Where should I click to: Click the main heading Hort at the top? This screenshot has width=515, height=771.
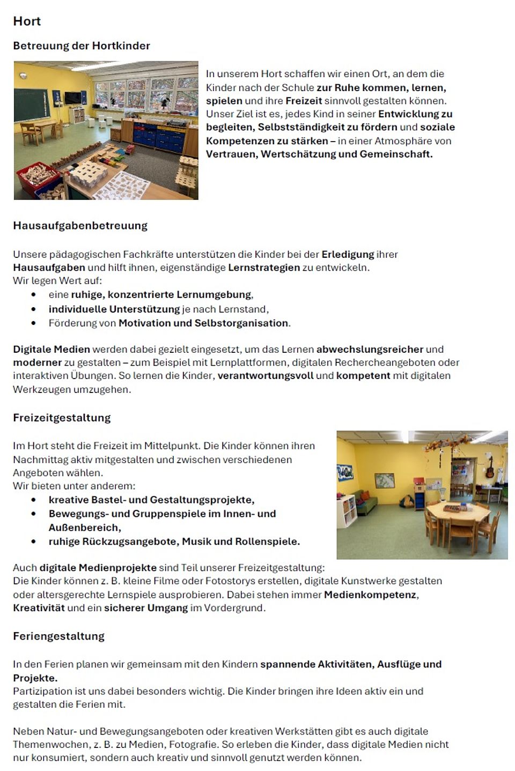[27, 21]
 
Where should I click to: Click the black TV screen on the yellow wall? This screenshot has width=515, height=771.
[72, 98]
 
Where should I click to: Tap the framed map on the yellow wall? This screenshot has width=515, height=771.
[384, 480]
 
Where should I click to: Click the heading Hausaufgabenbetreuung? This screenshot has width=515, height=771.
[80, 226]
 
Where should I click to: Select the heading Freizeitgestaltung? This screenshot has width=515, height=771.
[62, 418]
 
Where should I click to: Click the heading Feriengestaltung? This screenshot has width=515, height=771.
[58, 636]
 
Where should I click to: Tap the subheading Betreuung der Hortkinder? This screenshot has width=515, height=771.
[82, 46]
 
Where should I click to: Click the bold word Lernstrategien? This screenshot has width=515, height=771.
[263, 268]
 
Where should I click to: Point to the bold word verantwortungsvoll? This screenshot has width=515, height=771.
[265, 376]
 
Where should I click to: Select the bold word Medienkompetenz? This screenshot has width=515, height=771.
[370, 595]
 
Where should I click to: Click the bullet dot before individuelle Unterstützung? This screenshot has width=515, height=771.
[34, 309]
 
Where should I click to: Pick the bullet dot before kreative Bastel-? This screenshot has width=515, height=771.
[34, 500]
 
